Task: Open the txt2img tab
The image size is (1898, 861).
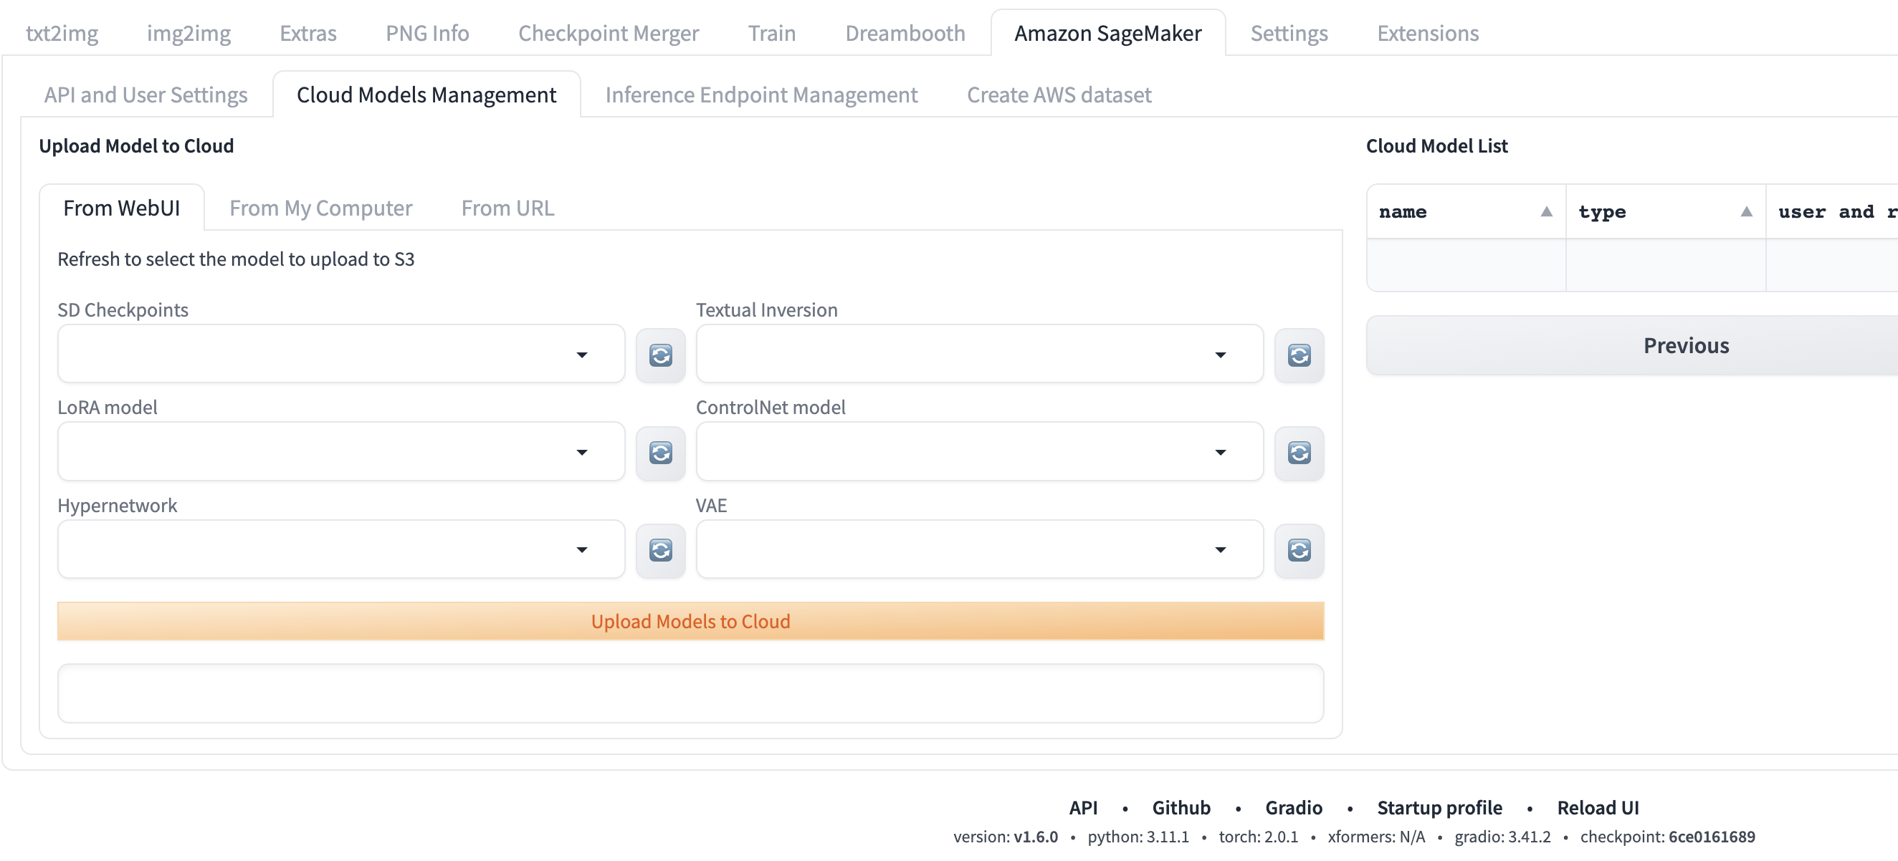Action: [x=62, y=33]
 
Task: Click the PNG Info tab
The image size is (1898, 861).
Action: [x=427, y=33]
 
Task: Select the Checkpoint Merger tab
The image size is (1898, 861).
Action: [x=609, y=33]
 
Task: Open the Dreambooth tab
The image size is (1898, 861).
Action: [x=905, y=33]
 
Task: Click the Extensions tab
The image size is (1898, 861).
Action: [x=1428, y=33]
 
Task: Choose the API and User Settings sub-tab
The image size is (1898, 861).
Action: [x=146, y=95]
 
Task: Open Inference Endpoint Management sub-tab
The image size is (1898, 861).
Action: [x=761, y=95]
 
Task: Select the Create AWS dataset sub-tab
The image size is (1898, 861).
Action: [x=1059, y=95]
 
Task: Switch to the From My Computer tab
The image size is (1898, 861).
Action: [x=320, y=208]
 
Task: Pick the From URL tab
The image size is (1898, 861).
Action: [x=507, y=208]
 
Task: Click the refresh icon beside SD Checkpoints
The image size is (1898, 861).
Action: [x=661, y=356]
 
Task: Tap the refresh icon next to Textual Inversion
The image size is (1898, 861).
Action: [x=1299, y=356]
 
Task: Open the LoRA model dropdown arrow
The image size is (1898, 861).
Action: [x=582, y=452]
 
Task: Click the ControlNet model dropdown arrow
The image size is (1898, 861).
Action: [x=1220, y=452]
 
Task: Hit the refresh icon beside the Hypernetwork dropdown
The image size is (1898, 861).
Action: [x=661, y=550]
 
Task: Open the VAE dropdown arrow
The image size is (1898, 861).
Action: [x=1220, y=550]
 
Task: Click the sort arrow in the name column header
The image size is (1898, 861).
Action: [x=1547, y=212]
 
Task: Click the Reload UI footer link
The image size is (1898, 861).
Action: [x=1598, y=808]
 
